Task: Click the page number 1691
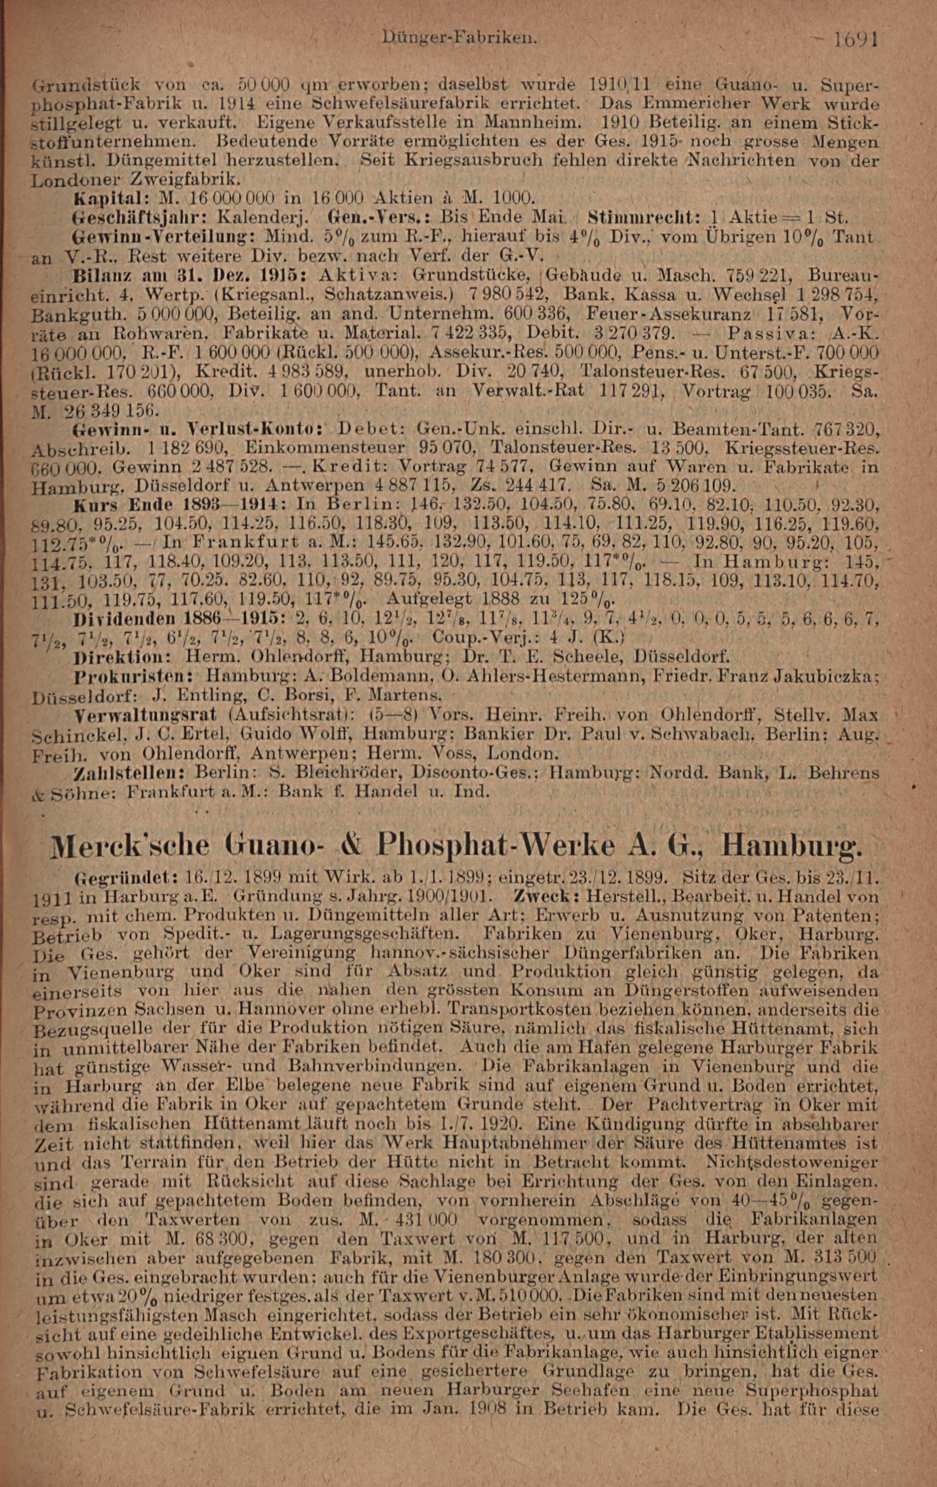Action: click(855, 41)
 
